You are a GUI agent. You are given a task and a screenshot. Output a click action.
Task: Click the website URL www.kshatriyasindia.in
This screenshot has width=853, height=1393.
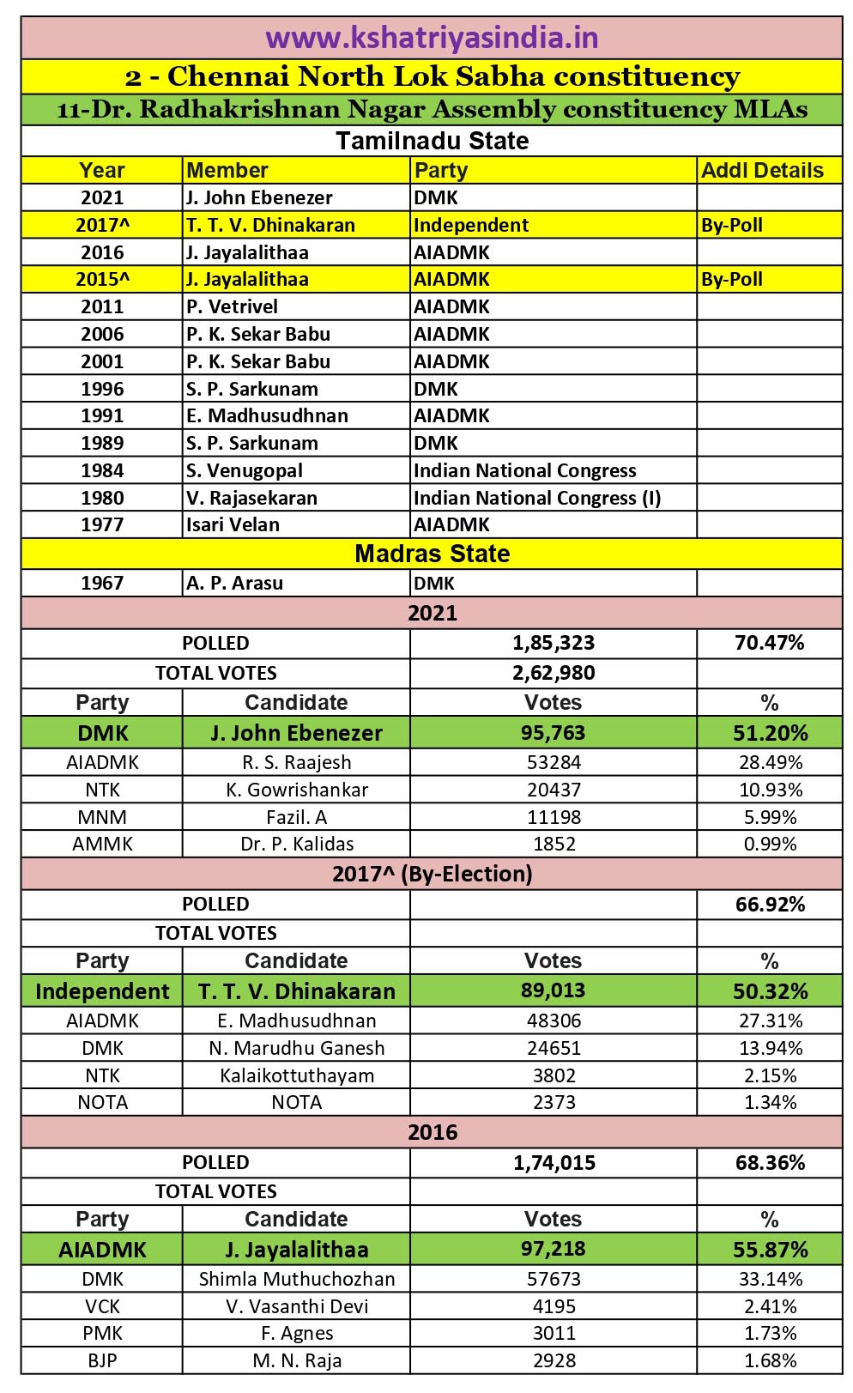pyautogui.click(x=432, y=39)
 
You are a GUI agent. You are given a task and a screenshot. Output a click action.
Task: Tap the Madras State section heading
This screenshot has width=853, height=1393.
pyautogui.click(x=432, y=554)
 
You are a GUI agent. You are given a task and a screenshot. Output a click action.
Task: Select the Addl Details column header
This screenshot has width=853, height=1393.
pyautogui.click(x=762, y=170)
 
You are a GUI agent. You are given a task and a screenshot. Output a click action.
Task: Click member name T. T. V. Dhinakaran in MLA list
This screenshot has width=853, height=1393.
pyautogui.click(x=270, y=225)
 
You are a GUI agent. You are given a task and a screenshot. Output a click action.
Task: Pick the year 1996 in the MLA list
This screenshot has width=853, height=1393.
pyautogui.click(x=102, y=389)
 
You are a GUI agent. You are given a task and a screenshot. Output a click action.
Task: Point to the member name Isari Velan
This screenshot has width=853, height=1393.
pyautogui.click(x=233, y=524)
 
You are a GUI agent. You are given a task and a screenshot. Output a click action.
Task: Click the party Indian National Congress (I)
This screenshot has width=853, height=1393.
pyautogui.click(x=537, y=498)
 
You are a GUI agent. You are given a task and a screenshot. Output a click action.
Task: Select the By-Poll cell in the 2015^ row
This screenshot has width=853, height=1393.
pyautogui.click(x=732, y=279)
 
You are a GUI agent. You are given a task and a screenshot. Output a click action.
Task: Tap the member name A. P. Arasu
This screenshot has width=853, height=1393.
pyautogui.click(x=234, y=583)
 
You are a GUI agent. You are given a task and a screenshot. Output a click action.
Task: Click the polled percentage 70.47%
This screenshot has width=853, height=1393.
pyautogui.click(x=770, y=643)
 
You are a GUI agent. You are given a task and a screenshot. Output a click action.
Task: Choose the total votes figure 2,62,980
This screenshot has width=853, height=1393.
pyautogui.click(x=554, y=673)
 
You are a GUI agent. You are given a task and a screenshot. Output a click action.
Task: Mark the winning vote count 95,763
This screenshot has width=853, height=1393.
pyautogui.click(x=553, y=733)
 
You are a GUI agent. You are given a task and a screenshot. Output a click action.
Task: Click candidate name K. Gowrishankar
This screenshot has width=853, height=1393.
pyautogui.click(x=297, y=790)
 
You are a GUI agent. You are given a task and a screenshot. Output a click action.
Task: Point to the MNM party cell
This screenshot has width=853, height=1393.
pyautogui.click(x=102, y=817)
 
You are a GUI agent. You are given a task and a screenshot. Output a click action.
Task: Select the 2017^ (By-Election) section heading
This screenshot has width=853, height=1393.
pyautogui.click(x=432, y=874)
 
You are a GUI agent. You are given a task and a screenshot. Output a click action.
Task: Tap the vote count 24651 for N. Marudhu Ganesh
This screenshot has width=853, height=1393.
pyautogui.click(x=554, y=1048)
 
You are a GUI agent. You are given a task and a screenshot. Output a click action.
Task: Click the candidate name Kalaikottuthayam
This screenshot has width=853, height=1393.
pyautogui.click(x=297, y=1075)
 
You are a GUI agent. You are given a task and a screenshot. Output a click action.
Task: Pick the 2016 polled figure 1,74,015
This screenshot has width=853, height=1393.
pyautogui.click(x=554, y=1163)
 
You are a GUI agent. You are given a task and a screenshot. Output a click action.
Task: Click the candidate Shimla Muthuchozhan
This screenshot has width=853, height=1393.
pyautogui.click(x=297, y=1279)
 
